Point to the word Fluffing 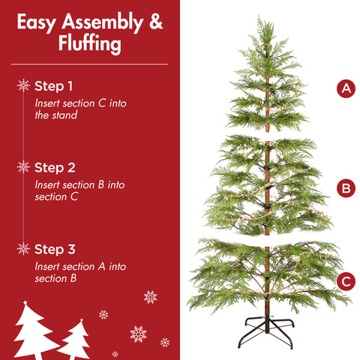[x=89, y=45]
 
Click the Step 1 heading [x=54, y=85]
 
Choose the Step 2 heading [x=55, y=167]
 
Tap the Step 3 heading [x=55, y=249]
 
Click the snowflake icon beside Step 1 [x=23, y=85]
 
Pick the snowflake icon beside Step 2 [x=23, y=167]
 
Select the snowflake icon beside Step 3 [x=23, y=249]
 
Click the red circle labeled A [x=345, y=88]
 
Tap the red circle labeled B [x=345, y=187]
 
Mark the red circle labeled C [x=345, y=282]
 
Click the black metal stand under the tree [x=268, y=331]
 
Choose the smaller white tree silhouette [x=75, y=341]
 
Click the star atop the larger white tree [x=25, y=303]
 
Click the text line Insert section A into [x=80, y=266]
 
